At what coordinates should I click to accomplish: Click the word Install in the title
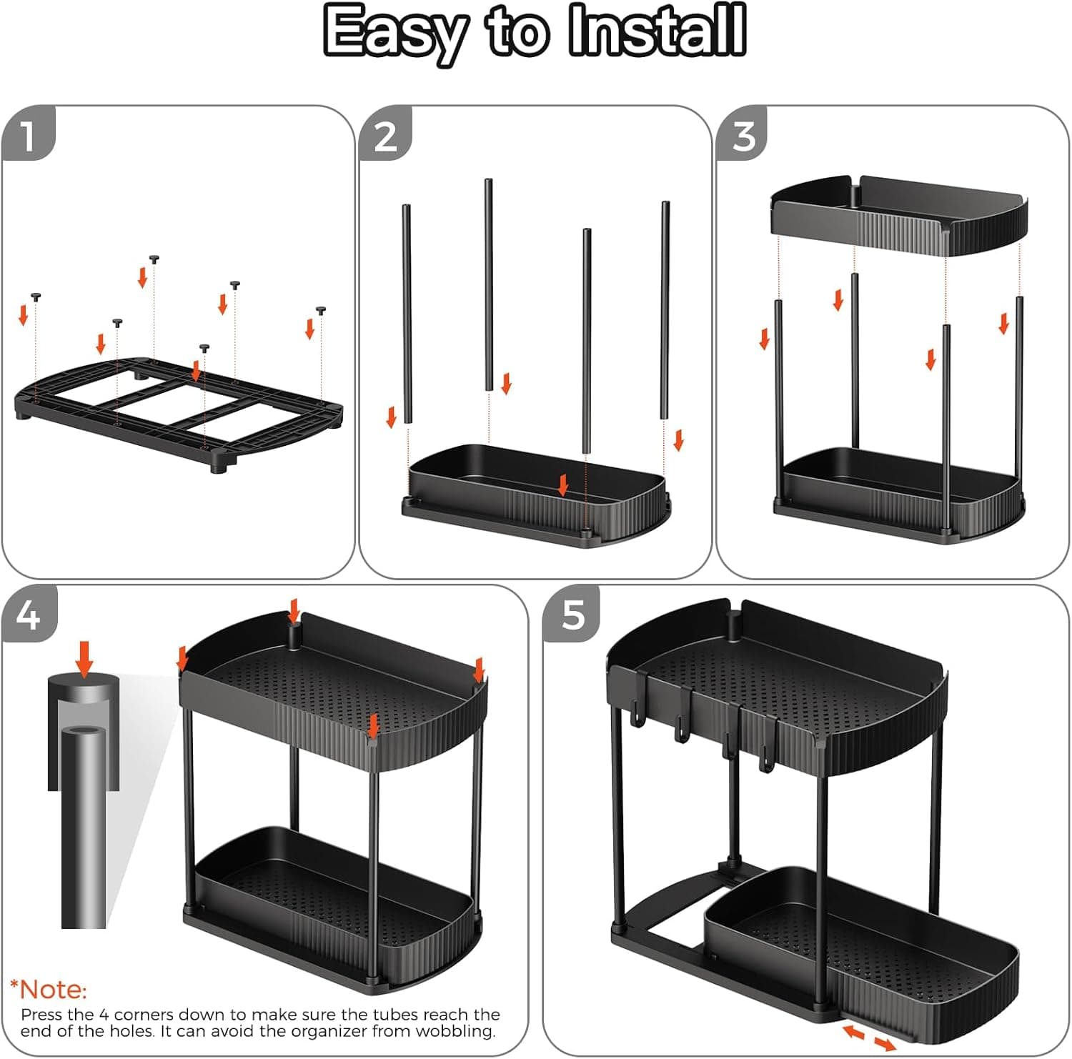click(x=657, y=32)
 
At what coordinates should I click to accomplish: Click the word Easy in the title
click(x=395, y=32)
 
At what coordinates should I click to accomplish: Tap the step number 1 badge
click(x=28, y=134)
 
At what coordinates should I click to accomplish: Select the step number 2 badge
click(x=385, y=135)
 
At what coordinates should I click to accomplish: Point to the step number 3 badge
click(x=743, y=135)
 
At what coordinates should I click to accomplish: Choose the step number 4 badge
click(x=28, y=614)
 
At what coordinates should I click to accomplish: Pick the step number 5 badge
click(x=572, y=614)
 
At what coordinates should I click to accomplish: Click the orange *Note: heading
click(x=48, y=990)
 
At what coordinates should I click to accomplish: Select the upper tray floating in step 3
click(x=898, y=214)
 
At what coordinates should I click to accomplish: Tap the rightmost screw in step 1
click(x=321, y=310)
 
